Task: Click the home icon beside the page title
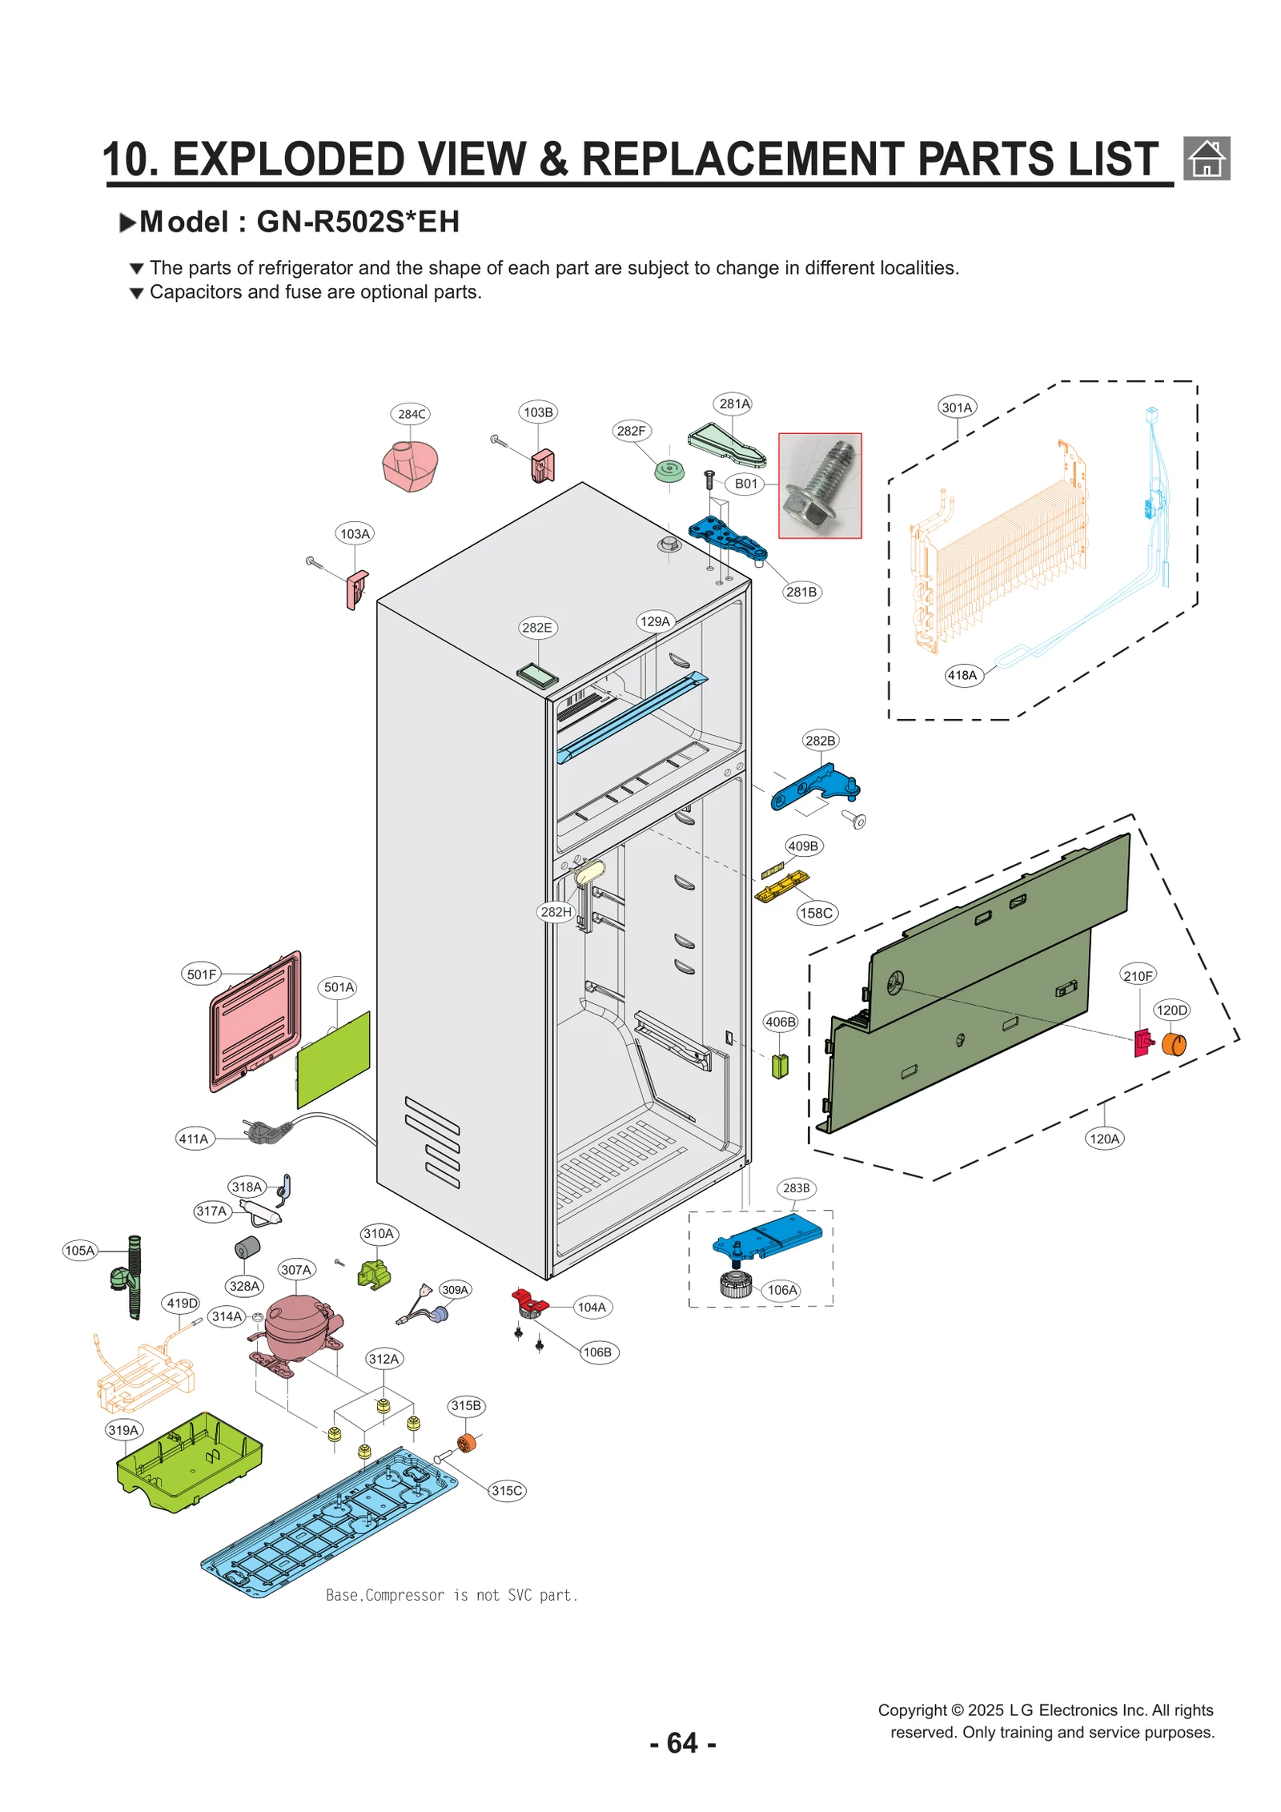click(x=1206, y=158)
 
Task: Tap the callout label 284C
click(x=412, y=414)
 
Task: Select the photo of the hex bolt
click(x=820, y=485)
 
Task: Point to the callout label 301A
click(x=957, y=408)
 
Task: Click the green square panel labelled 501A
click(x=333, y=1059)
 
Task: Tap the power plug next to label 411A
click(x=269, y=1130)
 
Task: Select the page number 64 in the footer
click(x=682, y=1743)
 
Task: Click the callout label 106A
click(x=782, y=1290)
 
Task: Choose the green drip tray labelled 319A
click(x=190, y=1461)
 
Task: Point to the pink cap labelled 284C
click(x=410, y=466)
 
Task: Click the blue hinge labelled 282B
click(x=815, y=786)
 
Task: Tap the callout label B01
click(x=746, y=484)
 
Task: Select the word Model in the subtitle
click(x=184, y=222)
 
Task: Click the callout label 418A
click(x=962, y=675)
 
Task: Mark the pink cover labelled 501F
click(x=255, y=1022)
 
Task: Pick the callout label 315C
click(x=507, y=1490)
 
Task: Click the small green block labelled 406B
click(x=780, y=1066)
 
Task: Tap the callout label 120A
click(x=1105, y=1139)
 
